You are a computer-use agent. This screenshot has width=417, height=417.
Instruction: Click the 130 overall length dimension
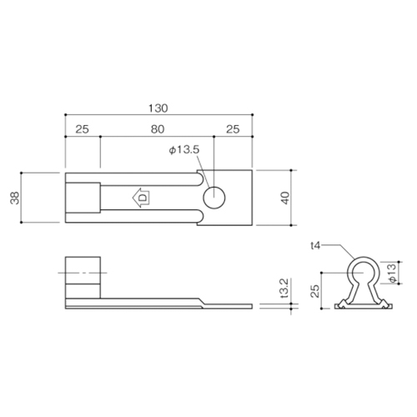tap(158, 108)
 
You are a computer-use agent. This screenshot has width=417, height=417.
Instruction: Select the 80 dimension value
tap(158, 129)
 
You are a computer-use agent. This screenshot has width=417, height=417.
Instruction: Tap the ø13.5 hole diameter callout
tap(184, 150)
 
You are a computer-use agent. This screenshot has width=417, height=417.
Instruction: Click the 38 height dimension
tap(15, 198)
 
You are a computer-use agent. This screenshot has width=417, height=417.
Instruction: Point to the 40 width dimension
tap(285, 198)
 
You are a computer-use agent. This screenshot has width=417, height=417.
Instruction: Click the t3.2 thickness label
tap(284, 289)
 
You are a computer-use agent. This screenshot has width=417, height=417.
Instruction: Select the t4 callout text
tap(316, 246)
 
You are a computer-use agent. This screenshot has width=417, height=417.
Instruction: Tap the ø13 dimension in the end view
tap(392, 273)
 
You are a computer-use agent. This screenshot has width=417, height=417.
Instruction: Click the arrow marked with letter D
tap(141, 198)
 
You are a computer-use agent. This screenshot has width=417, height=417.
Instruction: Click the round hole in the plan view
tap(214, 198)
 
